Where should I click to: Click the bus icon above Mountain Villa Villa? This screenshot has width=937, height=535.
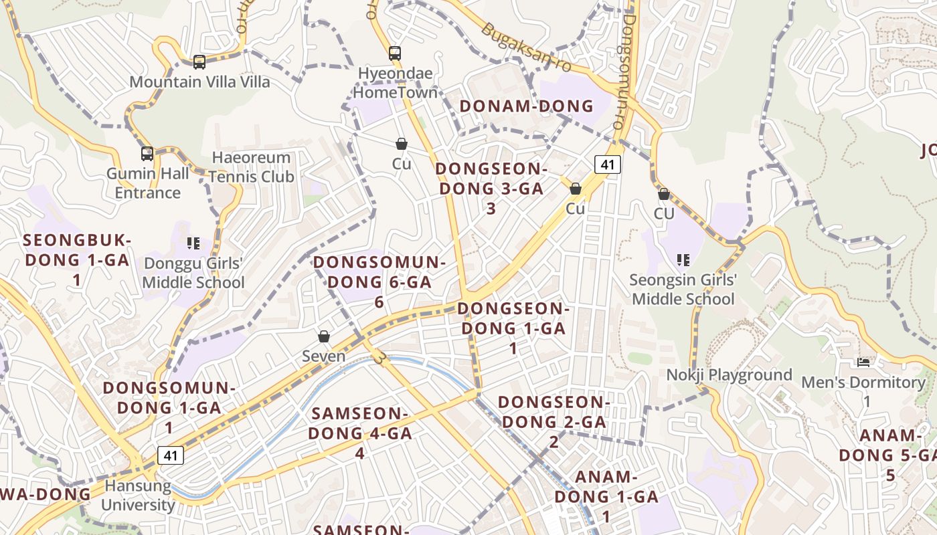pyautogui.click(x=199, y=62)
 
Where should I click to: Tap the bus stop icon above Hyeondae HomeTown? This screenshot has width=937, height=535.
pyautogui.click(x=395, y=53)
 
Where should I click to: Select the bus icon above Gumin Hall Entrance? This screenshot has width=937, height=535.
pyautogui.click(x=147, y=154)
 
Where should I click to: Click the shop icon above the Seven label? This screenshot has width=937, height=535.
pyautogui.click(x=324, y=336)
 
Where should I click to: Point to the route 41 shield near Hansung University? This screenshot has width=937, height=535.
pyautogui.click(x=171, y=455)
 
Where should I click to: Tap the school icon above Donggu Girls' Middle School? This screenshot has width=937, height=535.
pyautogui.click(x=193, y=243)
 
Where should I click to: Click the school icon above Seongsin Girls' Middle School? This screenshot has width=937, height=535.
pyautogui.click(x=683, y=259)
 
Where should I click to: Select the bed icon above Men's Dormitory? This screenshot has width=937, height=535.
pyautogui.click(x=863, y=362)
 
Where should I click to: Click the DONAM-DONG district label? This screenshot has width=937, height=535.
pyautogui.click(x=527, y=106)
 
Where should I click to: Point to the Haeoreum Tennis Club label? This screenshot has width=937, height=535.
pyautogui.click(x=251, y=167)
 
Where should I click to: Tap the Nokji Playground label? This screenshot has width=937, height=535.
pyautogui.click(x=729, y=374)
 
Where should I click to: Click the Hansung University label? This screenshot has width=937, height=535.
pyautogui.click(x=138, y=495)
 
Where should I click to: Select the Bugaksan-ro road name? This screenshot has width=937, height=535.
pyautogui.click(x=527, y=49)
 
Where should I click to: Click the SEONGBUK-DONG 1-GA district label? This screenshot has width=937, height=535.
pyautogui.click(x=77, y=259)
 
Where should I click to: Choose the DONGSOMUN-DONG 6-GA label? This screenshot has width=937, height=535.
pyautogui.click(x=379, y=282)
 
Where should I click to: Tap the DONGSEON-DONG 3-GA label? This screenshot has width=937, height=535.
pyautogui.click(x=491, y=188)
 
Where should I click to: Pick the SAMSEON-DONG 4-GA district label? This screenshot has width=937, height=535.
pyautogui.click(x=360, y=433)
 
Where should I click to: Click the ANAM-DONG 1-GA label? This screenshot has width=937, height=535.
pyautogui.click(x=606, y=496)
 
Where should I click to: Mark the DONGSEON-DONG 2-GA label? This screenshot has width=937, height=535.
pyautogui.click(x=553, y=421)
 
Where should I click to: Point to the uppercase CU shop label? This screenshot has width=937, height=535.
pyautogui.click(x=664, y=213)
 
